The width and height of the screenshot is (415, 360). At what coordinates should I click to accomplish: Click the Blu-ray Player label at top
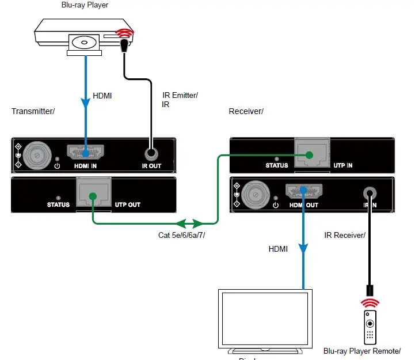(x=85, y=5)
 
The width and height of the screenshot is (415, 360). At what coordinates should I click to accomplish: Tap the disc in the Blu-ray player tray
(x=85, y=43)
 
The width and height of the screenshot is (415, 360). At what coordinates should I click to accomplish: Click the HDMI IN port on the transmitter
(x=85, y=153)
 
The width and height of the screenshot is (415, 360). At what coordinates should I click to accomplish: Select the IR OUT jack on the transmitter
(x=151, y=154)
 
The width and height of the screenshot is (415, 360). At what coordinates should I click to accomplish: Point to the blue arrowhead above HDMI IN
(x=85, y=104)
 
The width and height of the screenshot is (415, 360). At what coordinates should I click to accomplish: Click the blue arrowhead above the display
(x=303, y=249)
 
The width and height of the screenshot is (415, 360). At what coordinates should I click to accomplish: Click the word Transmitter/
(x=33, y=111)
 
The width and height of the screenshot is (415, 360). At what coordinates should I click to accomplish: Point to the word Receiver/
(x=246, y=111)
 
